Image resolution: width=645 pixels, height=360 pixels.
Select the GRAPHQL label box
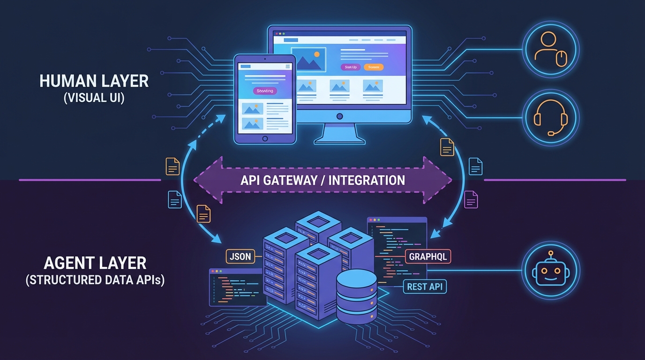[x=428, y=256]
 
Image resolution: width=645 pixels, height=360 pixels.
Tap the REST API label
[x=425, y=286]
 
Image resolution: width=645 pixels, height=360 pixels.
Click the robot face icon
[x=551, y=270]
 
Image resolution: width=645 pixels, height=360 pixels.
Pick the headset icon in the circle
[x=551, y=118]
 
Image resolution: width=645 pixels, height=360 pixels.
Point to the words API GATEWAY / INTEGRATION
[x=322, y=180]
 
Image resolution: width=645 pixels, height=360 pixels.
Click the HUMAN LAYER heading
[x=94, y=81]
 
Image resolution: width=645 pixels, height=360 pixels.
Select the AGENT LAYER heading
[x=95, y=262]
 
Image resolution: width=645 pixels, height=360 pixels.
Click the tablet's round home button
[x=265, y=138]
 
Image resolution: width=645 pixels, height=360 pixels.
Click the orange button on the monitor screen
[x=374, y=67]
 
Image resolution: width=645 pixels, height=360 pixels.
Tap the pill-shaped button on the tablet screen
[x=265, y=91]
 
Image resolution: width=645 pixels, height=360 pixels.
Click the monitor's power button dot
[x=340, y=116]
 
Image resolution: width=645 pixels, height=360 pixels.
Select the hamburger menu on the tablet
[x=288, y=67]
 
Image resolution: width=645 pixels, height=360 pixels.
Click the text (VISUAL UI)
[x=94, y=99]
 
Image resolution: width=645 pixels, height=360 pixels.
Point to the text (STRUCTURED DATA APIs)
[x=95, y=280]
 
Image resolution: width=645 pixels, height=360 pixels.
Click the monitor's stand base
[x=339, y=139]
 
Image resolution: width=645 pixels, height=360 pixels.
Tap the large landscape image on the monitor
[x=308, y=59]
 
